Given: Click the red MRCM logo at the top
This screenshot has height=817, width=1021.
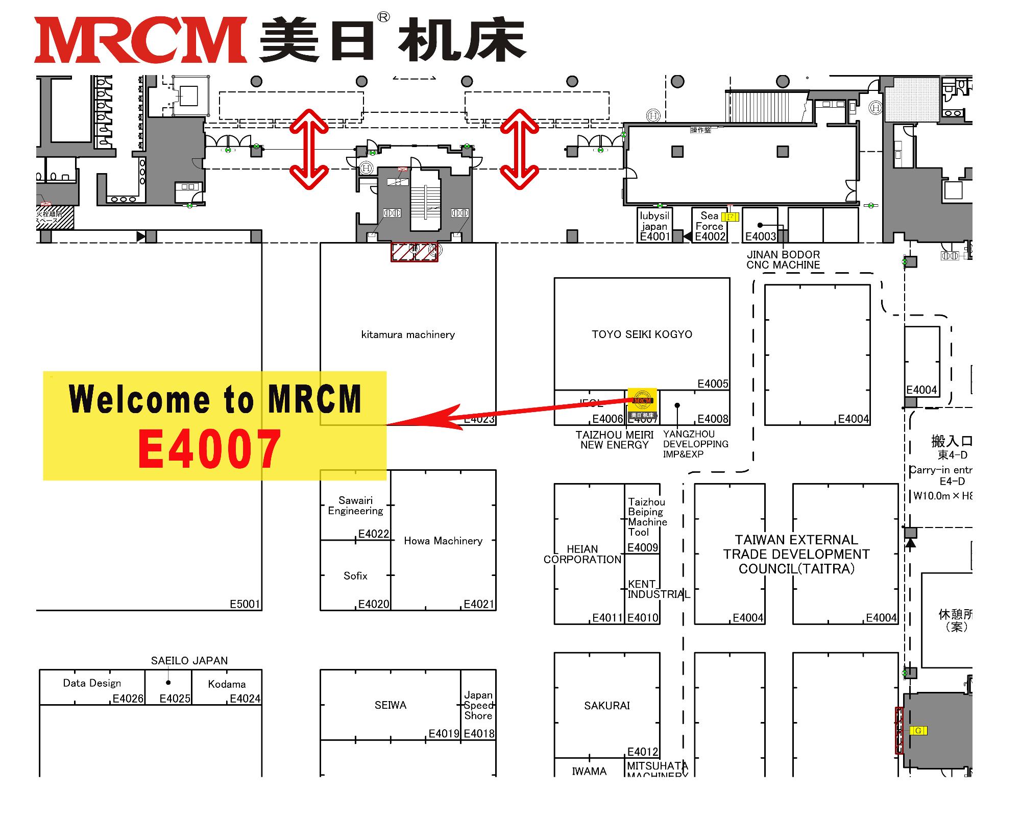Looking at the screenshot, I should click(140, 40).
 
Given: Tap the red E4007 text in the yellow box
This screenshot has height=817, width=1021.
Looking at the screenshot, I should click(209, 449).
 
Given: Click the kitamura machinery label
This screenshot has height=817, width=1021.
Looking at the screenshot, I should click(408, 335).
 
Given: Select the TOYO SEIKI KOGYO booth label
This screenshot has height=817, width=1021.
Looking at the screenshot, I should click(642, 334).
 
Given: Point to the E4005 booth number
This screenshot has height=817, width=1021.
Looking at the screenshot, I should click(713, 384).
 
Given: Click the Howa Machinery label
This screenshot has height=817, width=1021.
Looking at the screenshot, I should click(443, 541).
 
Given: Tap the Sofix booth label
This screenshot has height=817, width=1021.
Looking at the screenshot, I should click(355, 576).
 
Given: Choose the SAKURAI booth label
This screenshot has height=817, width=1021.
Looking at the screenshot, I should click(607, 706).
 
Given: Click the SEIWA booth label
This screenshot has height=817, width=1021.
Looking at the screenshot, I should click(391, 705).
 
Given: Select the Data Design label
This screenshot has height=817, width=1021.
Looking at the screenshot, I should click(92, 683).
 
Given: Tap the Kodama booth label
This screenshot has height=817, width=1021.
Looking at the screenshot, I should click(227, 684).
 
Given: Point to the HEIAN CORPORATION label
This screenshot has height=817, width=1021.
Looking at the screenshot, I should click(582, 555).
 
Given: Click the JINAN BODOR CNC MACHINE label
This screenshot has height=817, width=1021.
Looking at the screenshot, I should click(783, 260).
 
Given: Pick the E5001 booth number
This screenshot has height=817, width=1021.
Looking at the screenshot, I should click(245, 605).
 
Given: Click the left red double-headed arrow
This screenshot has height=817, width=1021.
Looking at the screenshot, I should click(309, 149).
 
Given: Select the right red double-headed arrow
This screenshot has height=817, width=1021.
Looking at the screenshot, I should click(520, 149).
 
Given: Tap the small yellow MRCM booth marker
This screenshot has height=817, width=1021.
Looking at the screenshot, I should click(642, 404).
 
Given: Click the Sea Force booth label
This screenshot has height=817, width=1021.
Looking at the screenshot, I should click(709, 221).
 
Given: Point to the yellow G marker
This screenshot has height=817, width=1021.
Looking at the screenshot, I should click(918, 731).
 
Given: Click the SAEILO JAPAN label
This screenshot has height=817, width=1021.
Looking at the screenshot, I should click(189, 661).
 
